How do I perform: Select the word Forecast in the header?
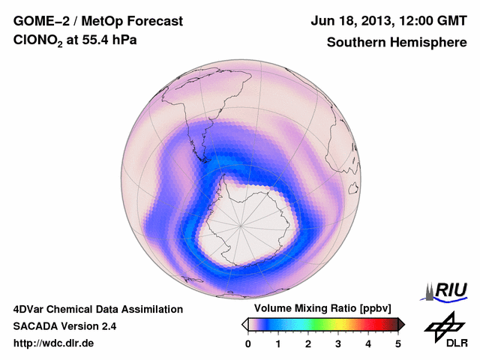tap(156, 21)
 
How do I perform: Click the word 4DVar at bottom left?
tap(32, 309)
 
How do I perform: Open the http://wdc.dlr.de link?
tap(54, 343)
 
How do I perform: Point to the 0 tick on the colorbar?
tap(248, 343)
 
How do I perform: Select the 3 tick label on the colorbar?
tap(338, 343)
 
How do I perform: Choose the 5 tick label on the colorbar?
tap(398, 343)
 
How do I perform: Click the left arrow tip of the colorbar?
tap(244, 324)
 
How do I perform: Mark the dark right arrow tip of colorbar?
tap(402, 324)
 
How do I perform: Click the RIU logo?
tap(448, 289)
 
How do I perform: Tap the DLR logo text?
tap(448, 343)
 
